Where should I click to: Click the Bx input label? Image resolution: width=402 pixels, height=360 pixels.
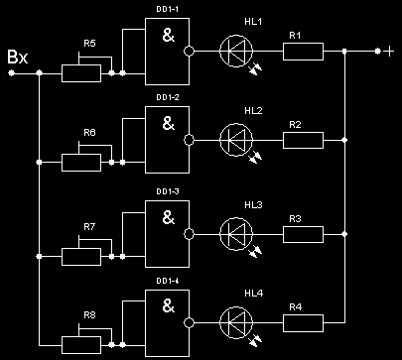(18, 57)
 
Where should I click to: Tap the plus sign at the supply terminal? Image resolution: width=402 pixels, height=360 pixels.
(389, 52)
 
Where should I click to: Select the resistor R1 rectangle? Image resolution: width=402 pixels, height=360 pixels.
(303, 52)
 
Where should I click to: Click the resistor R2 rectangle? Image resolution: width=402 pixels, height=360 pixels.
(303, 140)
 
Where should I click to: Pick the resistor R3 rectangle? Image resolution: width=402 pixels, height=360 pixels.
(303, 234)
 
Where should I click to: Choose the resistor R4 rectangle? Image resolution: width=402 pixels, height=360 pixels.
(303, 323)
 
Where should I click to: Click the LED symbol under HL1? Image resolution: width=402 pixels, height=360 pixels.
(236, 52)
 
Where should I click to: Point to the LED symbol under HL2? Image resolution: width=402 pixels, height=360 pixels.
(236, 140)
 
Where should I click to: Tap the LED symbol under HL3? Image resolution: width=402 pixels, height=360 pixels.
(236, 234)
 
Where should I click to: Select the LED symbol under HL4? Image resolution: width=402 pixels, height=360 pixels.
(236, 323)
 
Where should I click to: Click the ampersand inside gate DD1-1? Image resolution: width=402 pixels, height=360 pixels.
(168, 35)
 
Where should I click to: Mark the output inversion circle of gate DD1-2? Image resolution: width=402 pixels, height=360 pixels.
(189, 140)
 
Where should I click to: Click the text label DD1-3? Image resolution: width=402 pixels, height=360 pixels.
(168, 191)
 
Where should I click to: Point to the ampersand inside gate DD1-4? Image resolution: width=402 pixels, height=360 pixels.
(168, 305)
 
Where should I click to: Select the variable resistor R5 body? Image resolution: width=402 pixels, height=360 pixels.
(81, 73)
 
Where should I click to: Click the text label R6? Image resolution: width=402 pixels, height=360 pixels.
(89, 133)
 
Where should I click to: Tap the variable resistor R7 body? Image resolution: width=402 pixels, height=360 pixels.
(81, 257)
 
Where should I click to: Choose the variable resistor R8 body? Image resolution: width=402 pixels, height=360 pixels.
(81, 345)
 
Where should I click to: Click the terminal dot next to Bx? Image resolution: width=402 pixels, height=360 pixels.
(11, 73)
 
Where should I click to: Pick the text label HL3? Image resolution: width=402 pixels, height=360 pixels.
(253, 205)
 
